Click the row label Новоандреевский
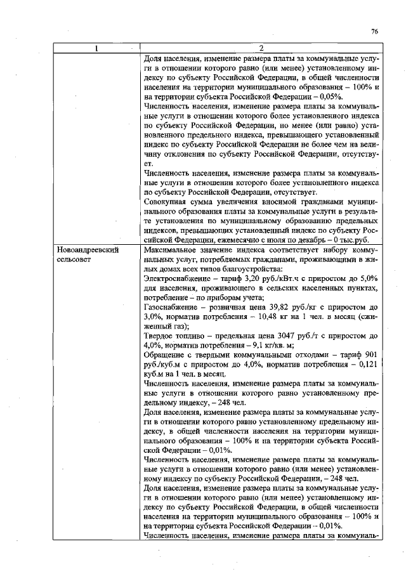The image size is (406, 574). tap(88, 250)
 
